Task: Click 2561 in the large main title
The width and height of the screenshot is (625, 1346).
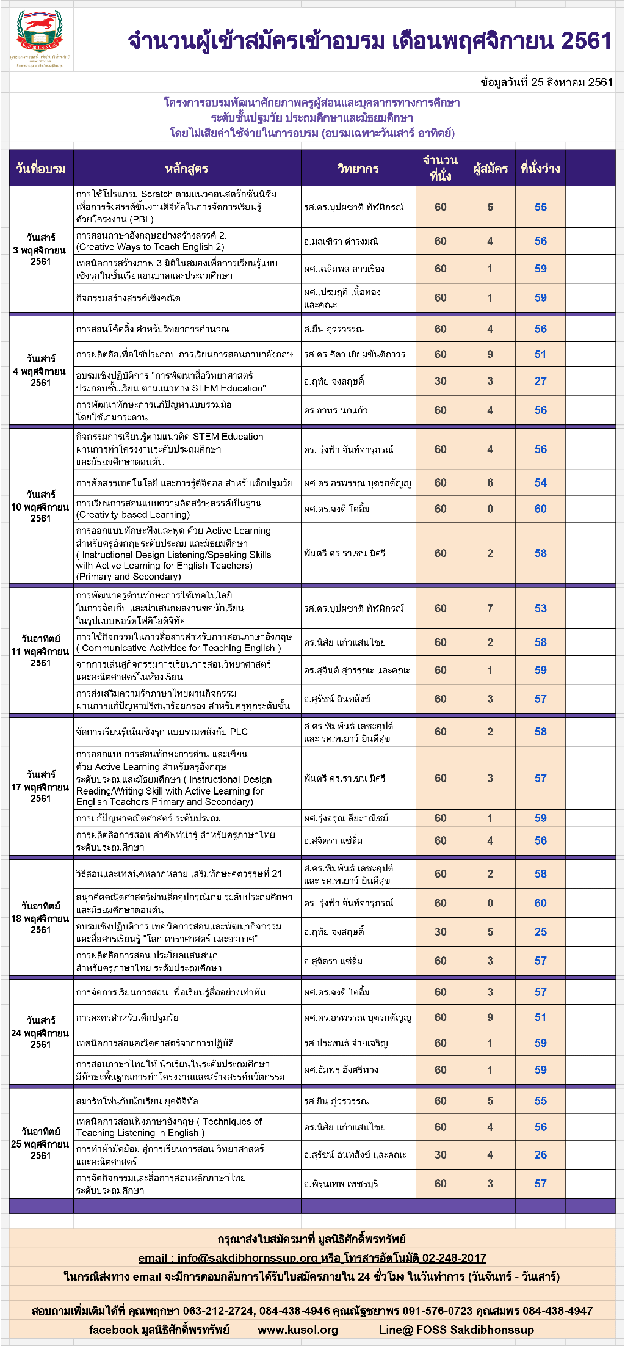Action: click(586, 41)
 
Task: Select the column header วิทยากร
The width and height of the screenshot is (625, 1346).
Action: click(358, 169)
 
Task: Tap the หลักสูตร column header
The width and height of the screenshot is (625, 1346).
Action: click(187, 169)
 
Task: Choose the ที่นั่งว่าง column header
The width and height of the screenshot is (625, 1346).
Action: click(540, 169)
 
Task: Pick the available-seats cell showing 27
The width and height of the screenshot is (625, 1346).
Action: click(541, 381)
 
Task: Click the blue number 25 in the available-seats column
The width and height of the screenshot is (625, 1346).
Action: click(541, 932)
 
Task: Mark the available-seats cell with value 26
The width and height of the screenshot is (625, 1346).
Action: click(541, 1155)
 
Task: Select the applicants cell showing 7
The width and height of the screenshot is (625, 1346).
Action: click(490, 608)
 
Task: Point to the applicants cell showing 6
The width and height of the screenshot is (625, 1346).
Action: click(490, 482)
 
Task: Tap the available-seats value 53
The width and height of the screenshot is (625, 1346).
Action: click(541, 608)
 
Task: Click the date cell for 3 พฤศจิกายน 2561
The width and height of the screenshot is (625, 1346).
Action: click(41, 250)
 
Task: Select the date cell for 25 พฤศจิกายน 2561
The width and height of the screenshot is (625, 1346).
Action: click(41, 1144)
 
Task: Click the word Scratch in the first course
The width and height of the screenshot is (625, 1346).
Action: click(157, 194)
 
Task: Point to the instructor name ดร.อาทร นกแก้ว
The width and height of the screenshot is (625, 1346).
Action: click(336, 410)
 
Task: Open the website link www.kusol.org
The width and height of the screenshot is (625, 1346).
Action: click(298, 1330)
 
